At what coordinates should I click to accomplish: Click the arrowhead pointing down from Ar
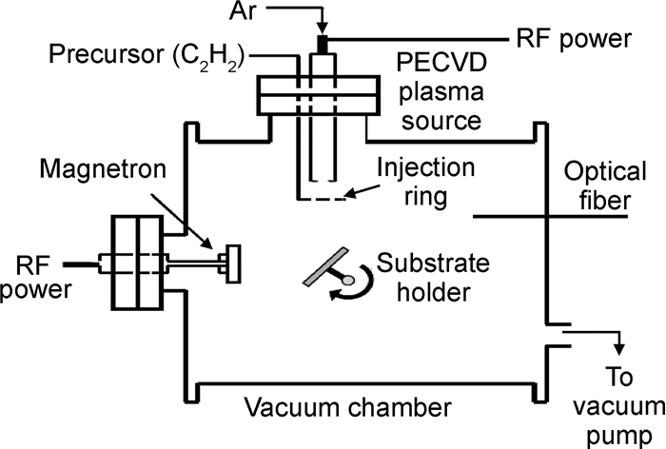[321, 28]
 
